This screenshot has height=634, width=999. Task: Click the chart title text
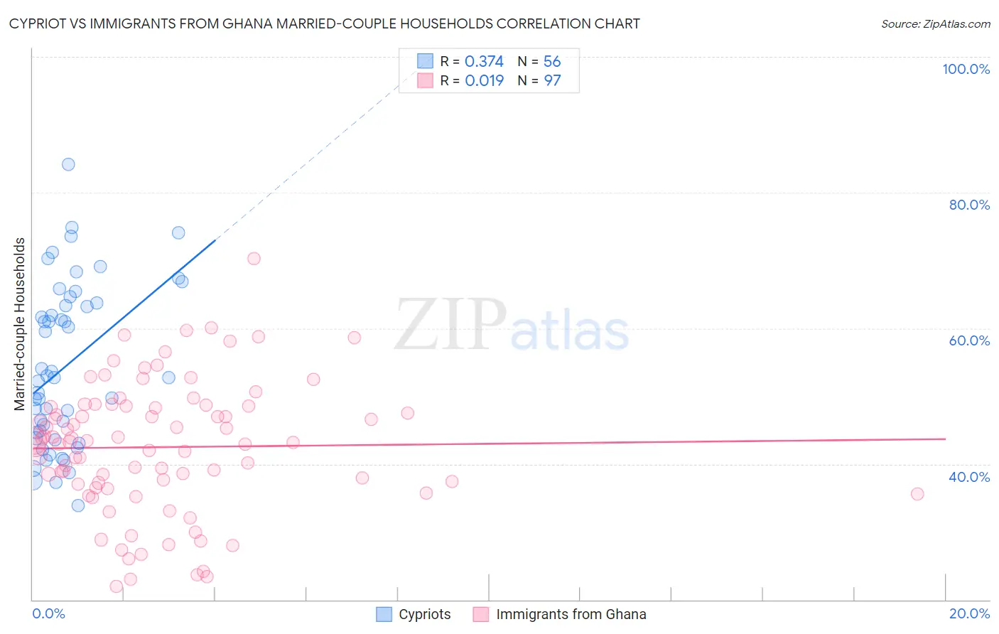point(324,23)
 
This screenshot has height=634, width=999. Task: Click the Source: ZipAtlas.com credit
point(935,23)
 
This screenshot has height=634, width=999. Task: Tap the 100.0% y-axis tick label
point(966,69)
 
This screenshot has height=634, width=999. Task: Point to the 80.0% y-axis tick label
point(969,205)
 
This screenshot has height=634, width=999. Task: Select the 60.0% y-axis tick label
point(969,340)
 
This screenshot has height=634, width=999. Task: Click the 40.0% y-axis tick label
point(969,477)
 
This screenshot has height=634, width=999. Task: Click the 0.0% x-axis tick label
point(48,613)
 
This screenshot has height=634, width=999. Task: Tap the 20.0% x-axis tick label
point(969,613)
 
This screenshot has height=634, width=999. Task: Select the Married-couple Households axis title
point(20,324)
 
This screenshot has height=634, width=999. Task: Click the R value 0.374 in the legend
point(484,62)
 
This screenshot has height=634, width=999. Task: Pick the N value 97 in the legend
point(552,81)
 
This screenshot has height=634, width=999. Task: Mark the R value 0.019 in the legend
point(484,81)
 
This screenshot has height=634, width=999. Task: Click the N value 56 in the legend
point(552,62)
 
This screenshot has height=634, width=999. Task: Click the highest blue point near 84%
point(68,164)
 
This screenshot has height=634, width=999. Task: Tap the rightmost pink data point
point(917,494)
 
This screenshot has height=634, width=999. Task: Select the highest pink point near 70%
point(254,259)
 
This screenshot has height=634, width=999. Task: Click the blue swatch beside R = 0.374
point(425,61)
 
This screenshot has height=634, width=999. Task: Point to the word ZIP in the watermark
point(450,325)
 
